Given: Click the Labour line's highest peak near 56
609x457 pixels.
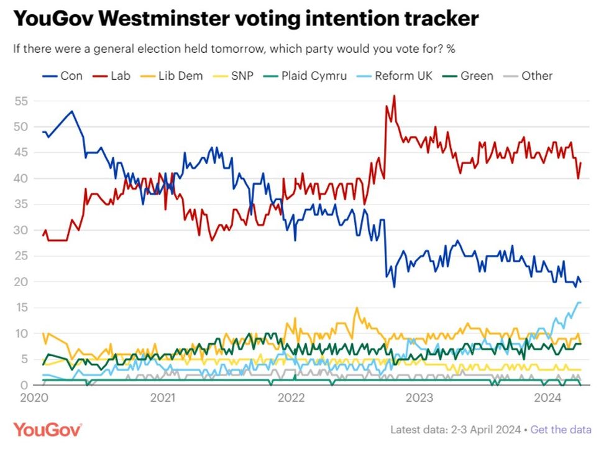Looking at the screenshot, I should click(x=394, y=96).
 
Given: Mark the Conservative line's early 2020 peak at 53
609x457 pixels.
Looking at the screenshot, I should click(x=72, y=111).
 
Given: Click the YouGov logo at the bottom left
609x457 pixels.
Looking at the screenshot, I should click(x=47, y=429).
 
